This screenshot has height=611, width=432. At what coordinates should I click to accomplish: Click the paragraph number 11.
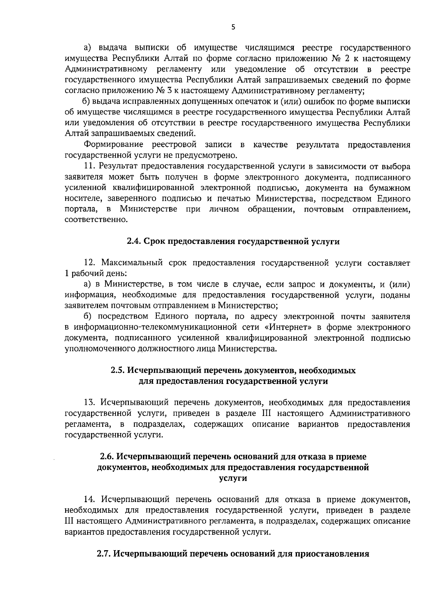[x=90, y=166]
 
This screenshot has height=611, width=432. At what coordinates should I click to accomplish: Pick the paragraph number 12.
[x=90, y=263]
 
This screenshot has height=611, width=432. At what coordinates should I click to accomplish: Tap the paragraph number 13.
[x=90, y=402]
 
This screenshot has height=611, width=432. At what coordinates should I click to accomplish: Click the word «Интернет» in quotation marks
[x=289, y=327]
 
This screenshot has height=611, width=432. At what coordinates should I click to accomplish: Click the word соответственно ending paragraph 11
[x=96, y=220]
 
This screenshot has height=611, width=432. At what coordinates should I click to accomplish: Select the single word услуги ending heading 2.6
[x=233, y=478]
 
